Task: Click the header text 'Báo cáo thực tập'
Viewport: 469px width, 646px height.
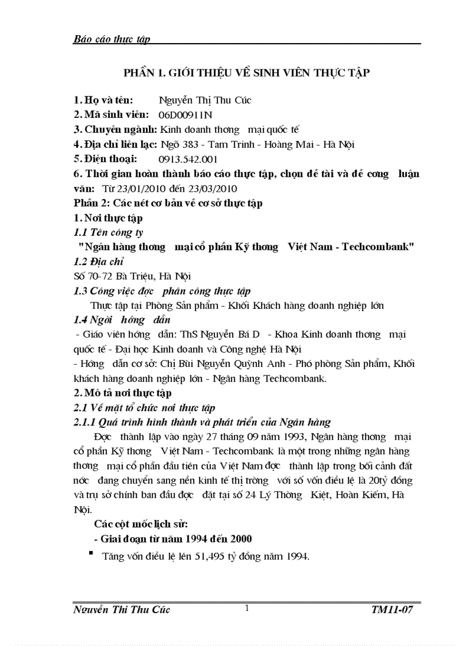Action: coord(112,39)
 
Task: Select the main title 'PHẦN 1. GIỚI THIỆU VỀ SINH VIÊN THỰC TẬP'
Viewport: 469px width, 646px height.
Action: coord(247,72)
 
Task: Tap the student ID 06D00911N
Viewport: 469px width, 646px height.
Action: coord(185,115)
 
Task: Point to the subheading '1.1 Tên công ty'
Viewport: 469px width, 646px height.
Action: coord(108,232)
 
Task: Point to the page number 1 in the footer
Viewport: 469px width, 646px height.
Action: coord(247,608)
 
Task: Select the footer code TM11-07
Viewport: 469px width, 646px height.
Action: coord(393,610)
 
